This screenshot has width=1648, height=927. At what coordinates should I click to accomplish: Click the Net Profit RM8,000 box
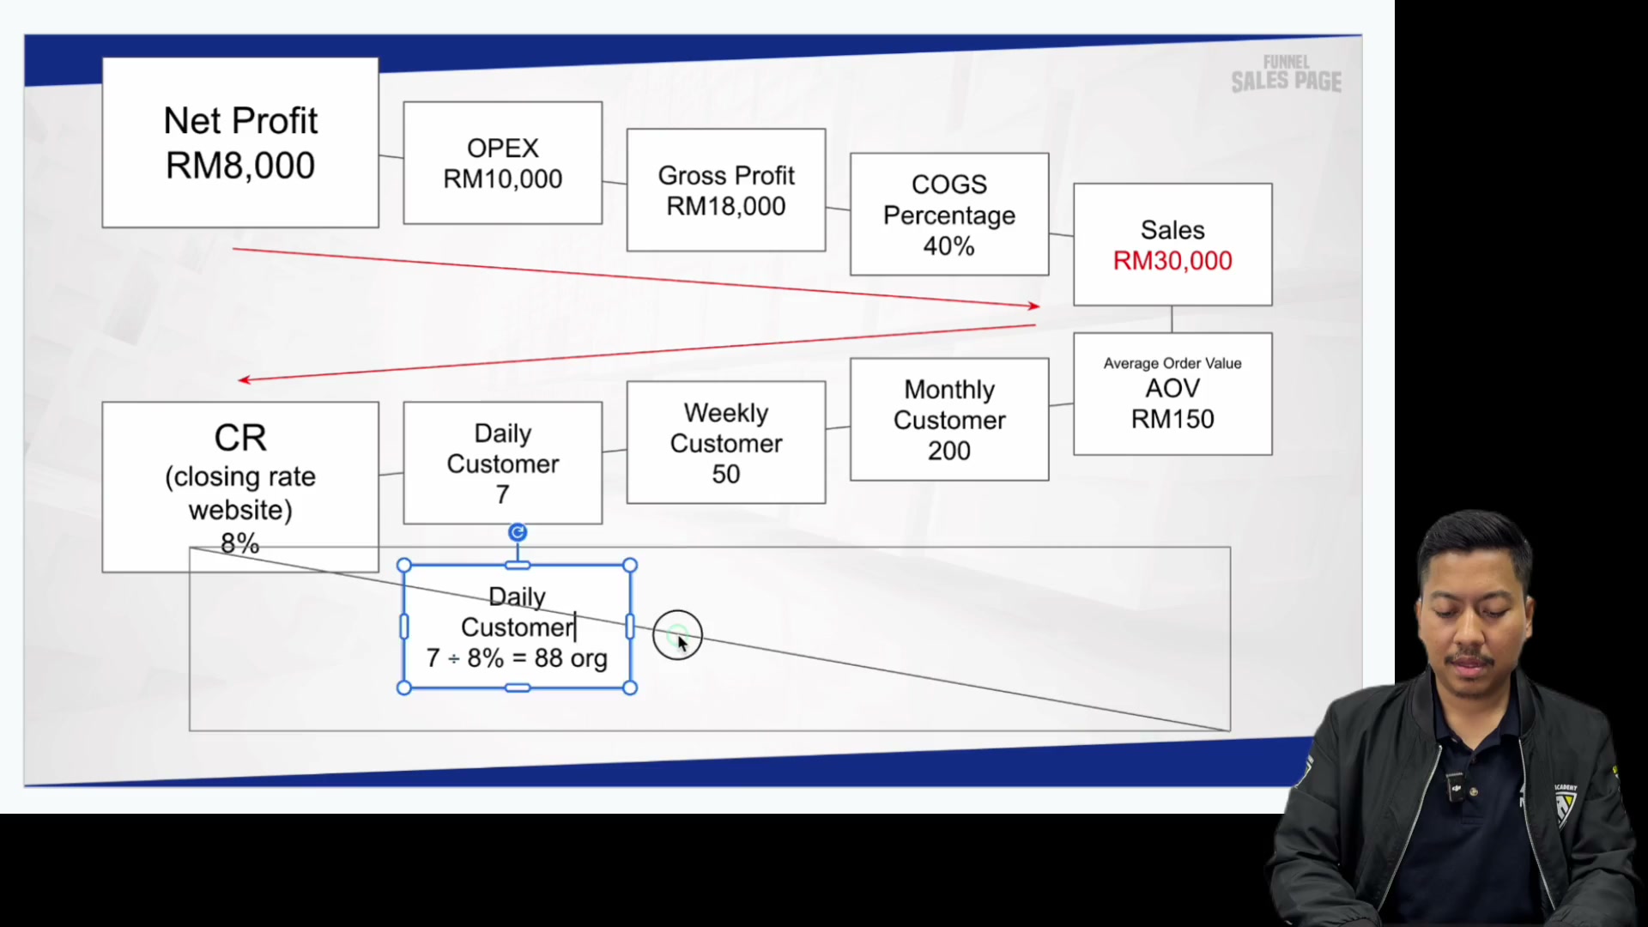tap(240, 142)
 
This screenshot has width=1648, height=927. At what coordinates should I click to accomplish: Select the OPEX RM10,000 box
tap(503, 163)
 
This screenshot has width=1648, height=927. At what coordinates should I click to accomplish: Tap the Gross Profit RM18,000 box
tap(726, 190)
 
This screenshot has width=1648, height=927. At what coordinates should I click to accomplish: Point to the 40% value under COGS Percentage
tap(948, 246)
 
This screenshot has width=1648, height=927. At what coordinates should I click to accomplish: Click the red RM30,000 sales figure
tap(1172, 261)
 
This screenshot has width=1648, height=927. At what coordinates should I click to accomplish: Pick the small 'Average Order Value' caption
tap(1172, 363)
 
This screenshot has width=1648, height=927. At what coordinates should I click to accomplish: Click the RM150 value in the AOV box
tap(1172, 419)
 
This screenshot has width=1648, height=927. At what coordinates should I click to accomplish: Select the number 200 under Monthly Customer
tap(949, 451)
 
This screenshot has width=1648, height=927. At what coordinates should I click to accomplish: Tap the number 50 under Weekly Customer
tap(726, 474)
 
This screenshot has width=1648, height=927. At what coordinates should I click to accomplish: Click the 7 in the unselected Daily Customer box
tap(503, 494)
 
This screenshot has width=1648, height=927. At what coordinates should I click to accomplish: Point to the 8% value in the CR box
tap(239, 542)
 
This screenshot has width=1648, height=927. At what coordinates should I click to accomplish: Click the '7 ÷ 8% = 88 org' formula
tap(517, 658)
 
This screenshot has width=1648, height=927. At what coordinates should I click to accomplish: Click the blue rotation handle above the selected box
tap(518, 533)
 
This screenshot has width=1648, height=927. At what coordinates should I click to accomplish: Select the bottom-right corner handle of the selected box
tap(630, 688)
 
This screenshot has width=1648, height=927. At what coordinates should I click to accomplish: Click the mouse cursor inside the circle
tap(682, 644)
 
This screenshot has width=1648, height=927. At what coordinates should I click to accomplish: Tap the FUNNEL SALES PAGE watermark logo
tap(1286, 74)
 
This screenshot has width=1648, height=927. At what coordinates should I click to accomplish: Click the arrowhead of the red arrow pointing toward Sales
tap(1033, 306)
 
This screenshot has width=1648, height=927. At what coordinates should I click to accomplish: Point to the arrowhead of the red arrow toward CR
tap(244, 379)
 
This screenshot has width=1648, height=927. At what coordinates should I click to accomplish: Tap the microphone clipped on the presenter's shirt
tap(1457, 787)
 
